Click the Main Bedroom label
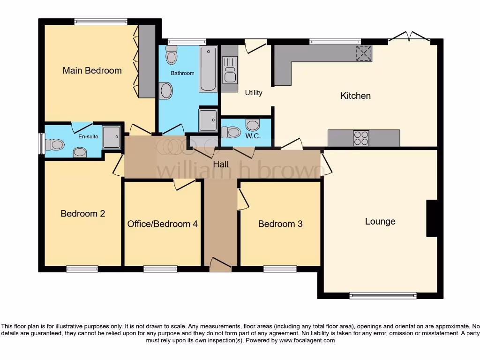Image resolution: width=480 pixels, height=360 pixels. tap(92, 71)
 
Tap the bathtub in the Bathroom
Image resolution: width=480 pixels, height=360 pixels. tap(208, 69)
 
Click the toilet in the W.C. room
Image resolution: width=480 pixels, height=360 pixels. tap(231, 133)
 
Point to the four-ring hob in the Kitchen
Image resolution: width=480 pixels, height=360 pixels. tap(360, 138)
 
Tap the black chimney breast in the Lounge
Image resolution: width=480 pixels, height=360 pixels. tap(432, 218)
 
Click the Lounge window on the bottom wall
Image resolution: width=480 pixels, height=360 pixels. tap(382, 295)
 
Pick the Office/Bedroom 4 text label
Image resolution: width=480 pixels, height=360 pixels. tap(163, 224)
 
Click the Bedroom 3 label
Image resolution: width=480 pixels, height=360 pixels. tap(280, 224)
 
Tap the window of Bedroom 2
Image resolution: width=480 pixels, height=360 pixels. tap(82, 269)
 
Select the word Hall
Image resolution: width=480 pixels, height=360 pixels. tap(221, 165)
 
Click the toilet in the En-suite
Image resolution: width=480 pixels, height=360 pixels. tap(55, 144)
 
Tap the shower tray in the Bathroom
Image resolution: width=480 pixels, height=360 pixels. tap(208, 120)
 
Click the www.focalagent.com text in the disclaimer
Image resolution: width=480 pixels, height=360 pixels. tap(307, 341)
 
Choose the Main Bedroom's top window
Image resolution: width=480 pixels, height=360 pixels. tap(100, 21)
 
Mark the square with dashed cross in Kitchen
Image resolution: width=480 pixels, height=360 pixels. tap(364, 53)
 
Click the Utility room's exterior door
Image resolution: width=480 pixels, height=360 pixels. tap(255, 45)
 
